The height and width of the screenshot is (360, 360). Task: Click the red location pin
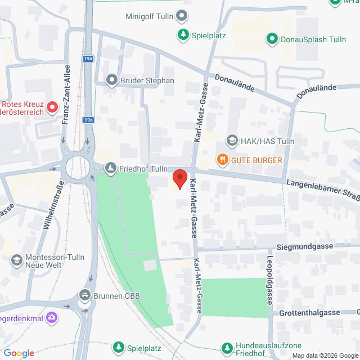click(x=180, y=178)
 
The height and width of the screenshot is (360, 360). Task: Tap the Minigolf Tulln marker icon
click(x=182, y=15)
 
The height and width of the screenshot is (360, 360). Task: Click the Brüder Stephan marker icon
click(x=111, y=80)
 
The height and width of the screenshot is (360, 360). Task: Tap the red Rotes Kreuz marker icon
click(x=52, y=106)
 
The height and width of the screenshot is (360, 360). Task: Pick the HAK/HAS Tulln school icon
click(x=231, y=140)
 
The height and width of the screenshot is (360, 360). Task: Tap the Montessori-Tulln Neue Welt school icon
click(x=16, y=260)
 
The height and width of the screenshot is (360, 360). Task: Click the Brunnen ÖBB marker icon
click(x=84, y=295)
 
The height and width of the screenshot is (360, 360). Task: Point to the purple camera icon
click(x=52, y=318)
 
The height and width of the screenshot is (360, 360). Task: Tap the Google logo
click(x=19, y=353)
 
